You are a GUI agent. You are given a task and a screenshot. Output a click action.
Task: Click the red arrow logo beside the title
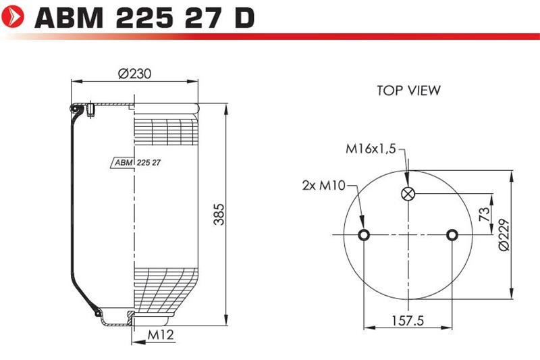pos(13,16)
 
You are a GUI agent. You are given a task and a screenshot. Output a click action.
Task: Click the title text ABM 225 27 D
pos(144,18)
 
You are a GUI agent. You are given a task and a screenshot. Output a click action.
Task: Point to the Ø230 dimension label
pos(134,74)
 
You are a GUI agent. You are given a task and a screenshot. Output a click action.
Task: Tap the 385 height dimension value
pos(219,214)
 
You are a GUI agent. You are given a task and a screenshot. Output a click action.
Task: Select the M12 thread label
pos(161,334)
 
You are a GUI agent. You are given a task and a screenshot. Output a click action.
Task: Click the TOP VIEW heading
pos(408,91)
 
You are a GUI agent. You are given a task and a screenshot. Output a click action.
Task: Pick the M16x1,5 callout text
pos(371,149)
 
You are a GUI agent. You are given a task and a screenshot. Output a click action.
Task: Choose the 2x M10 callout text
pos(323,185)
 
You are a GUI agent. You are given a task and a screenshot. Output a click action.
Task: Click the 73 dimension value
pos(484,214)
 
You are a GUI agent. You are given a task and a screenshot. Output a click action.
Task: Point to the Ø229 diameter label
pos(504,234)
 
